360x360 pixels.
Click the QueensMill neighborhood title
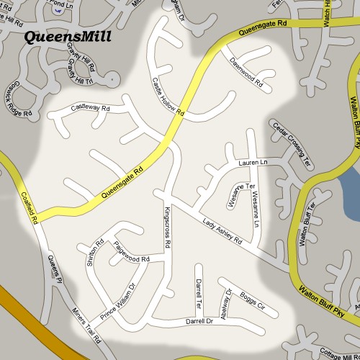click(x=68, y=37)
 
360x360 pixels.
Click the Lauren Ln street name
click(x=253, y=164)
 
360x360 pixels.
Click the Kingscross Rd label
click(x=167, y=229)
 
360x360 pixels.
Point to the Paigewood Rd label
click(x=130, y=253)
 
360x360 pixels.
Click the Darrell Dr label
click(x=199, y=321)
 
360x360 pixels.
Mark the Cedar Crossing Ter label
click(x=292, y=145)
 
